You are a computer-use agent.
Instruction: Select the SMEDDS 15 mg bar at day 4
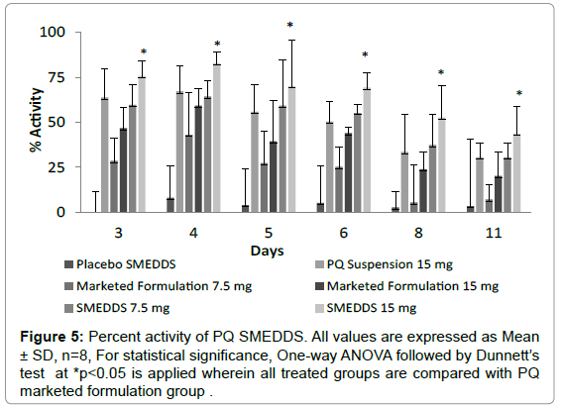tap(216, 139)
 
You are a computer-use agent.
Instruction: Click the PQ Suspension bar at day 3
tap(104, 155)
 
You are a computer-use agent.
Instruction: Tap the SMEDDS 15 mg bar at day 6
tap(367, 151)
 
